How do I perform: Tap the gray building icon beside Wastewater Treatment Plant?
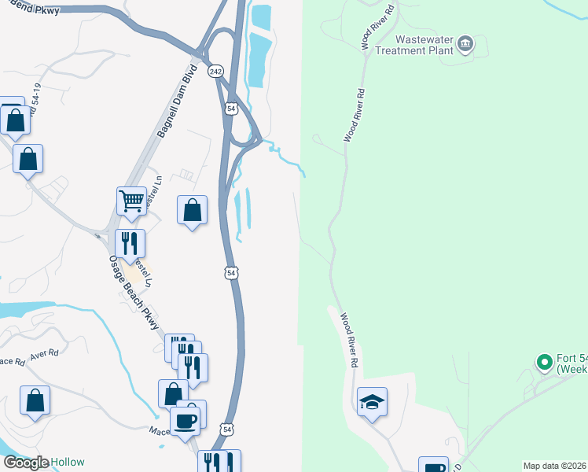coord(465,43)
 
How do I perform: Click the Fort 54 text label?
coord(572,363)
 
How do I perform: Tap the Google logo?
coord(25,463)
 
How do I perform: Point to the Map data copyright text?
coord(554,466)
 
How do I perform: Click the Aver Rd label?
coord(44,354)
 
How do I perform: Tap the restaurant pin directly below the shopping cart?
coord(130,243)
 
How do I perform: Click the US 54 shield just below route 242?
coord(230,108)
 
